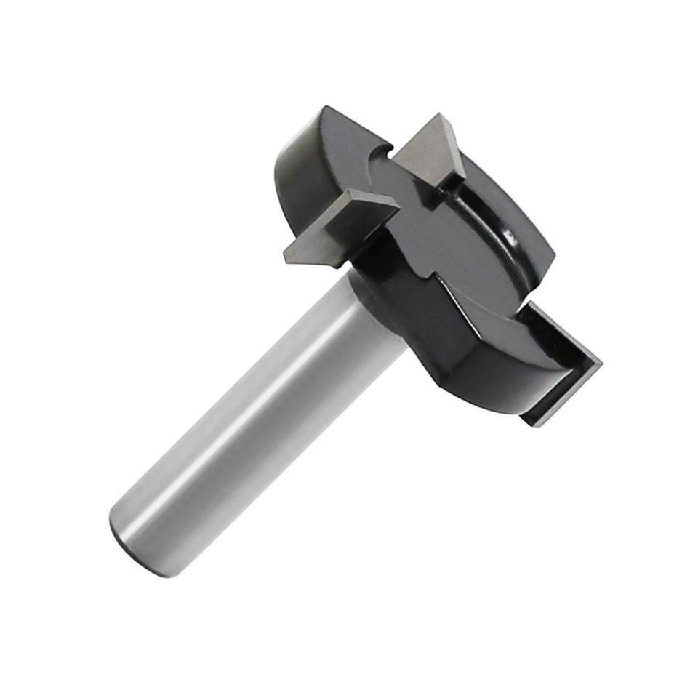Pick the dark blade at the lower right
click(x=560, y=364)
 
